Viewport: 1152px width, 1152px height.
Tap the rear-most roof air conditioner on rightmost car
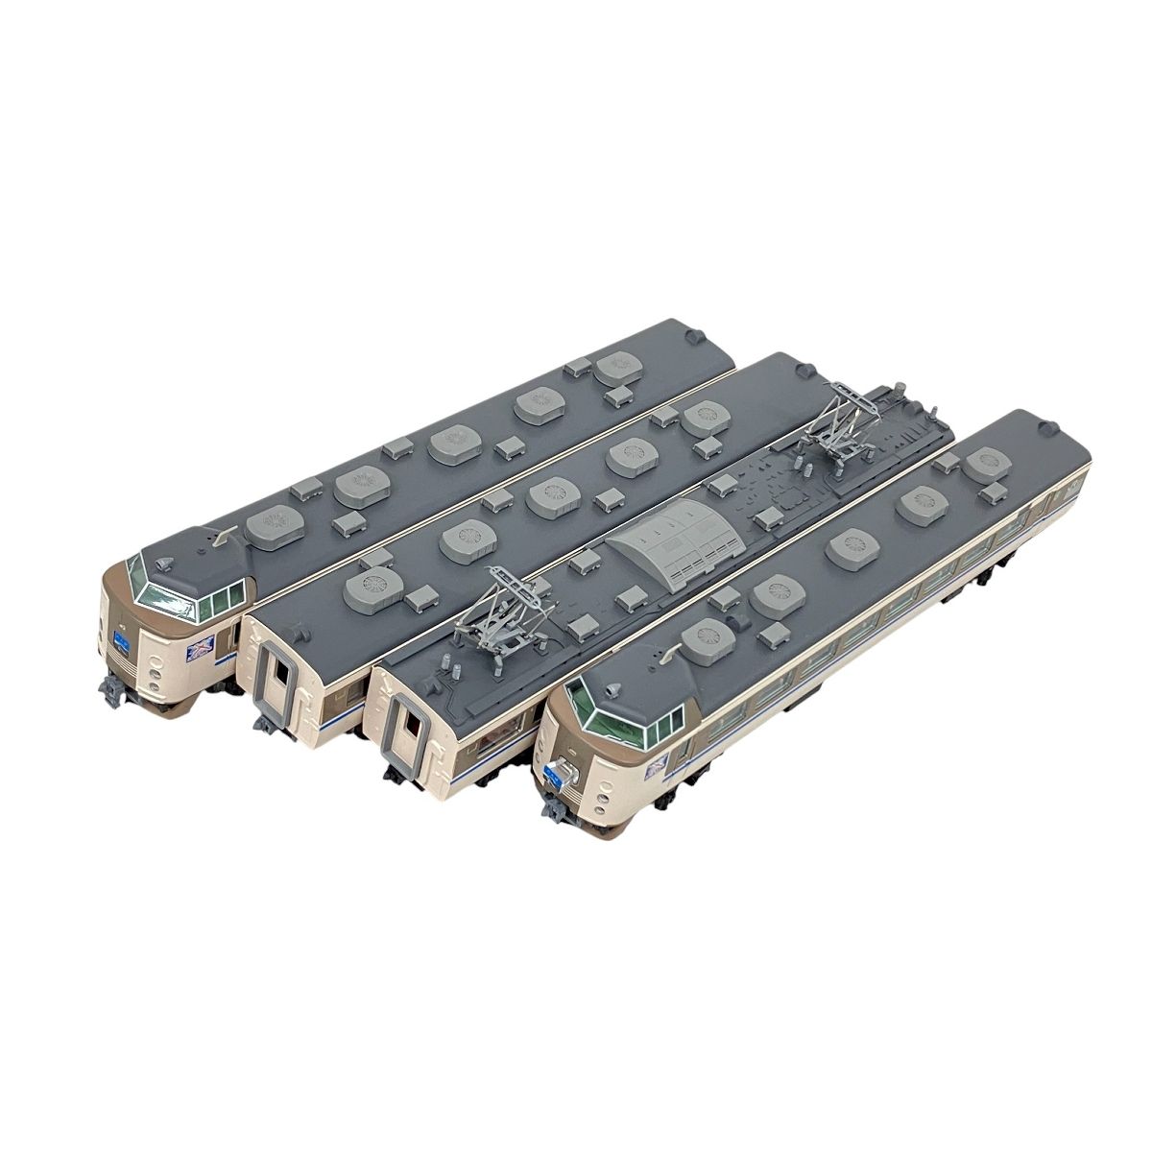point(986,462)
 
